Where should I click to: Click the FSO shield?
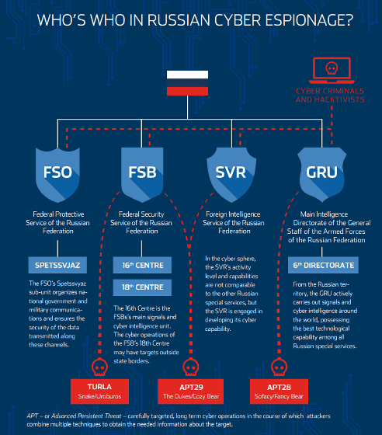(57, 175)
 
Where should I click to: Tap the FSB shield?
(142, 175)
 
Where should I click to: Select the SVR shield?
(231, 175)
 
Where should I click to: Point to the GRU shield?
(322, 175)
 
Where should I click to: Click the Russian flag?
(187, 83)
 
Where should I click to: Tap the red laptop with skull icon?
(332, 71)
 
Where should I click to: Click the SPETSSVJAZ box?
(57, 265)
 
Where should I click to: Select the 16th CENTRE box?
(142, 265)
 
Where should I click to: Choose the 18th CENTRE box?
(142, 287)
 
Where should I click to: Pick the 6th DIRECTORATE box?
(323, 265)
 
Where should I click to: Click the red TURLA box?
(100, 391)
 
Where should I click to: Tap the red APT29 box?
(191, 391)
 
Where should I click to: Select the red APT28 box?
(279, 391)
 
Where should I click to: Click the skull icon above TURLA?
(100, 367)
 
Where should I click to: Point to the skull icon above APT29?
(191, 367)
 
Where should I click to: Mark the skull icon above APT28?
(280, 367)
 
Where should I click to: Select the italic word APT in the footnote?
(32, 416)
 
